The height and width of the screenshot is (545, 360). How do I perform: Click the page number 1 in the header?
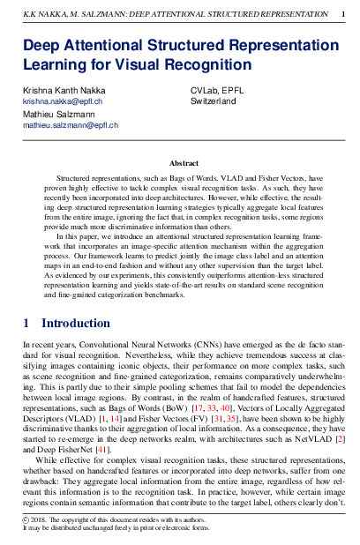[x=342, y=13]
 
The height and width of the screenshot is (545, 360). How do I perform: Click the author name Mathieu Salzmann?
[x=56, y=115]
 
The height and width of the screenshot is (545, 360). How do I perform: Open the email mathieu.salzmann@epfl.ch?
[x=71, y=125]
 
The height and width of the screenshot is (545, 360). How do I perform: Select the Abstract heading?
[x=184, y=163]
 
